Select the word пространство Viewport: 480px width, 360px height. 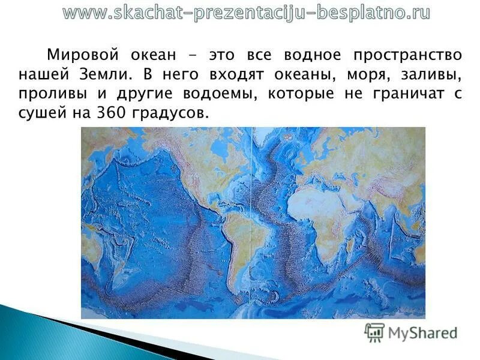[407, 55]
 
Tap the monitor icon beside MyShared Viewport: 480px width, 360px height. [374, 332]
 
